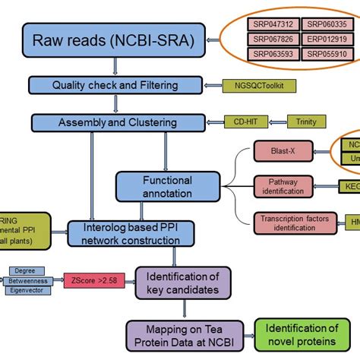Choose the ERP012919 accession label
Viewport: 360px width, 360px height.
[325, 39]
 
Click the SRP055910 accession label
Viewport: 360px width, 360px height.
[325, 55]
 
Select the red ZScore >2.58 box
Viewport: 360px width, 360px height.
[95, 279]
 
